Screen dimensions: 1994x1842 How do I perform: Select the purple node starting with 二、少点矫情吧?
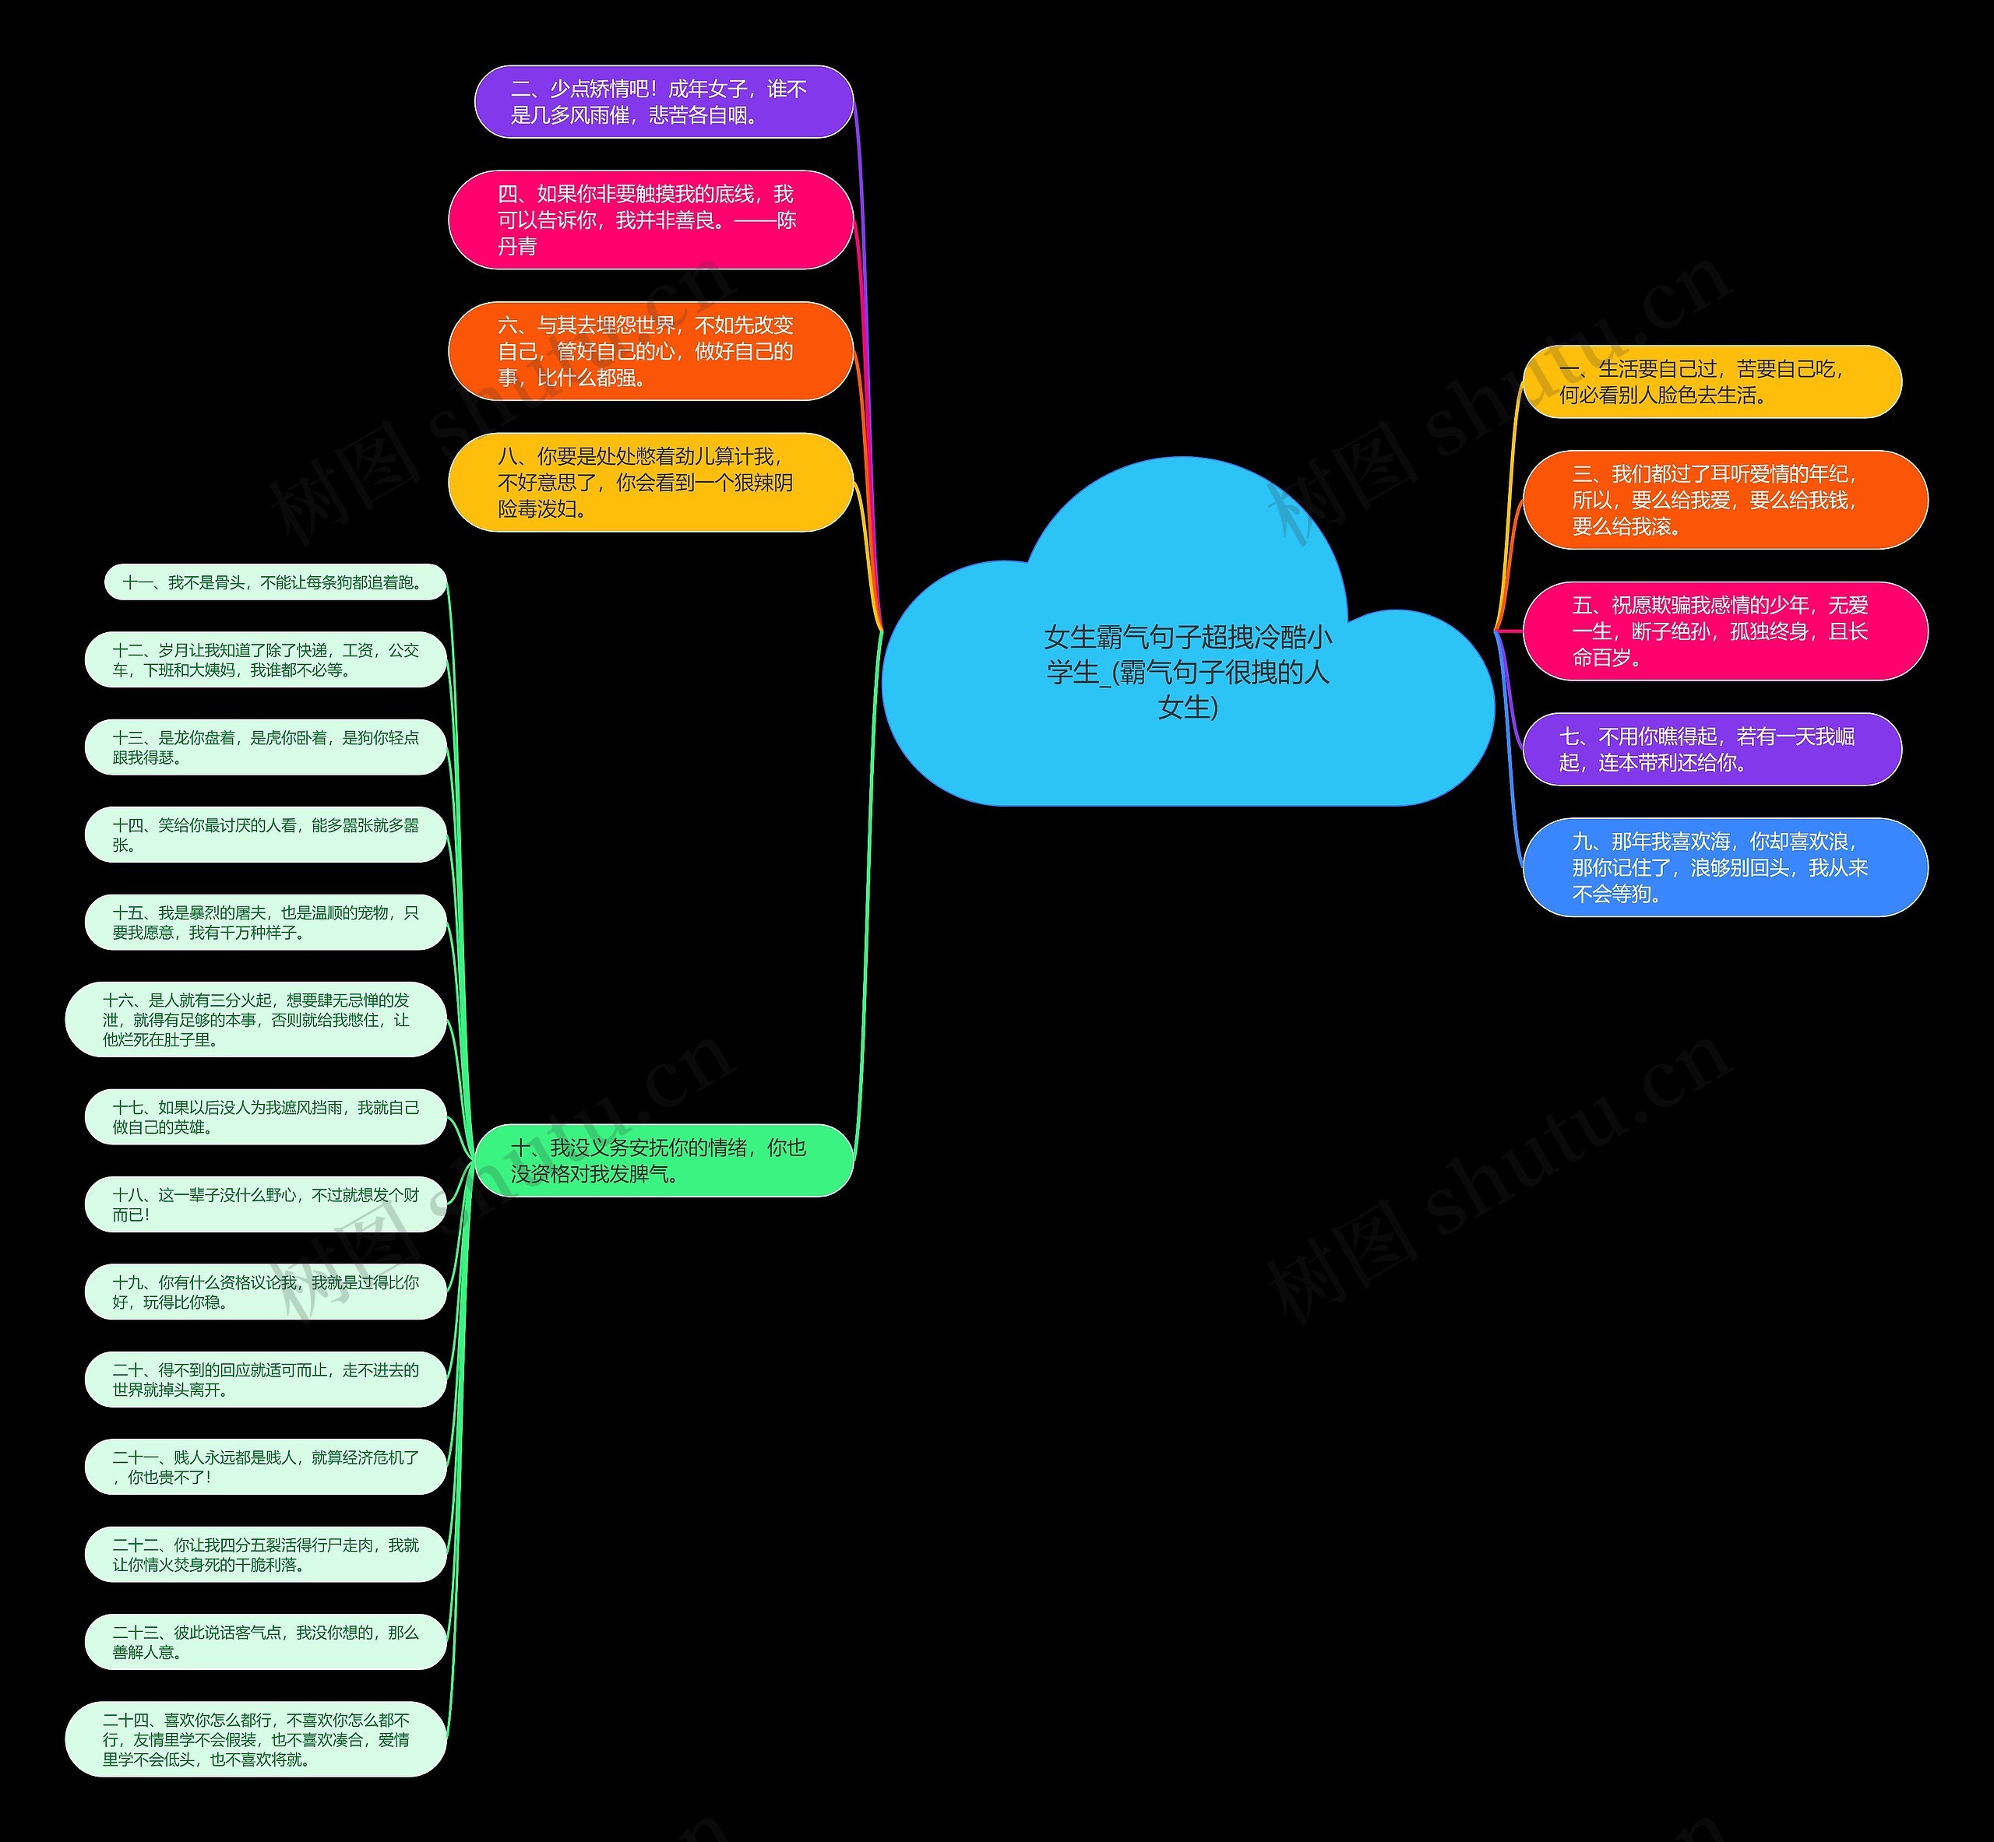tap(664, 102)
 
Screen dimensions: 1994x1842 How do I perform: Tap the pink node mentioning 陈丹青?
tap(651, 220)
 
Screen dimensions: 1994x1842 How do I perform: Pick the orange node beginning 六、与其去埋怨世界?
tap(651, 351)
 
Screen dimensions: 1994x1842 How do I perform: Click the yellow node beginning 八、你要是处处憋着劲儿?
tap(651, 483)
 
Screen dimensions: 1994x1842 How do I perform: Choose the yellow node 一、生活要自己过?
tap(1713, 381)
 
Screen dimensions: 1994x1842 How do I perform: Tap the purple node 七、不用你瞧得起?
tap(1713, 750)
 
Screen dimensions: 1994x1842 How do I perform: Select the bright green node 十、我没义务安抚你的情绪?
tap(664, 1160)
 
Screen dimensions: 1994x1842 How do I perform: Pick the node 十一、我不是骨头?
tap(275, 582)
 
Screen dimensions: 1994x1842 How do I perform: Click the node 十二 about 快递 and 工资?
tap(265, 660)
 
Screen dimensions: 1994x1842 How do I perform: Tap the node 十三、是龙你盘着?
tap(265, 747)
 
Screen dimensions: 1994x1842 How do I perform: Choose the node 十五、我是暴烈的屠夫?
tap(265, 922)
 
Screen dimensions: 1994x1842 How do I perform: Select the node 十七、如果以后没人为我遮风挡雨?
tap(265, 1117)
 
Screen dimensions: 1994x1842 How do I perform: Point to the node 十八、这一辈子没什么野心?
tap(265, 1204)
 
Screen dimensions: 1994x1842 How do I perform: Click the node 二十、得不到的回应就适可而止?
tap(265, 1380)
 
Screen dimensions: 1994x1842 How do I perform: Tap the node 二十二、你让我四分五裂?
tap(265, 1554)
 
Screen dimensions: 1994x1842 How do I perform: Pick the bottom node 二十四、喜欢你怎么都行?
tap(256, 1739)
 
